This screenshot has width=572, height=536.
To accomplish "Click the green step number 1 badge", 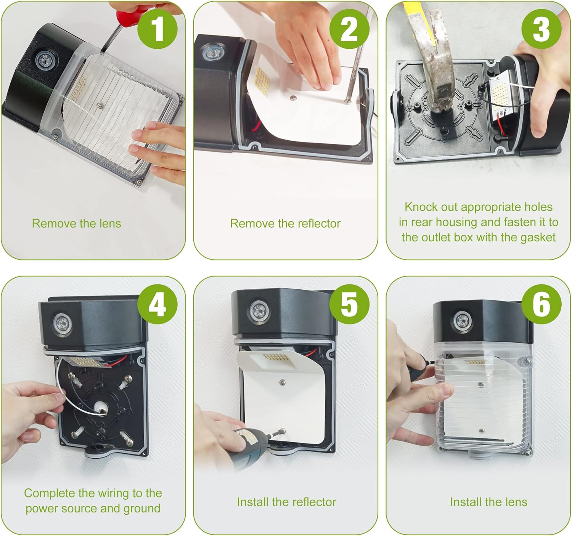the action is pyautogui.click(x=157, y=29).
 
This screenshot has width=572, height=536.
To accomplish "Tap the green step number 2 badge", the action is pyautogui.click(x=349, y=29).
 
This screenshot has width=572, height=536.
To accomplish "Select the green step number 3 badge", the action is pyautogui.click(x=541, y=29).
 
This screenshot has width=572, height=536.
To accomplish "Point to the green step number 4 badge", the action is pyautogui.click(x=157, y=304).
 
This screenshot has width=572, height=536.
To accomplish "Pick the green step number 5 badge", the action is pyautogui.click(x=349, y=304).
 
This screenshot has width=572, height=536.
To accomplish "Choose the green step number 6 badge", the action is pyautogui.click(x=541, y=304).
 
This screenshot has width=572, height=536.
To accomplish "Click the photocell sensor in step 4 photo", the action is pyautogui.click(x=63, y=324).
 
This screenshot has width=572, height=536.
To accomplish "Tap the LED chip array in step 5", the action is pyautogui.click(x=276, y=358).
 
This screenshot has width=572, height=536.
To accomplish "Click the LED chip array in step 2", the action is pyautogui.click(x=263, y=81).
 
